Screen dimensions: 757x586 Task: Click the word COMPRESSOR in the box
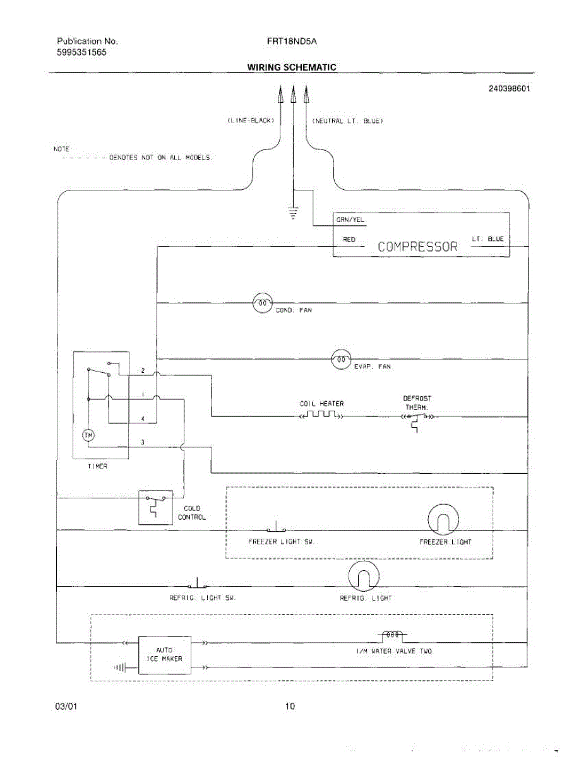coord(417,246)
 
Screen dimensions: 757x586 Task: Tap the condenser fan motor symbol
coord(262,303)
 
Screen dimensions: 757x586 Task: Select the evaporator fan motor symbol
coord(340,359)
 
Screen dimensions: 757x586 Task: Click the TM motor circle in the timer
coord(88,435)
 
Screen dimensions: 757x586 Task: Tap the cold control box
coord(155,507)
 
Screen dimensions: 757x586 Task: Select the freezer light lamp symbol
coord(443,521)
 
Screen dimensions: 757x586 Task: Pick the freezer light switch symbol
coord(277,529)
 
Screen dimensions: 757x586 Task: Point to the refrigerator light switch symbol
coord(198,584)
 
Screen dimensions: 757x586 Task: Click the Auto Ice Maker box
coord(164,654)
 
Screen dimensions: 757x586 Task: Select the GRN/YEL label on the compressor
coord(350,221)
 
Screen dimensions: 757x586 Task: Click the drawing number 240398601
coord(509,88)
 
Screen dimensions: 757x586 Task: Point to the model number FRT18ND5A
coord(292,42)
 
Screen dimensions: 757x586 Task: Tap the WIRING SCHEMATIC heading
coord(291,67)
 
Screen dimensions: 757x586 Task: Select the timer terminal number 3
coord(143,442)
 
